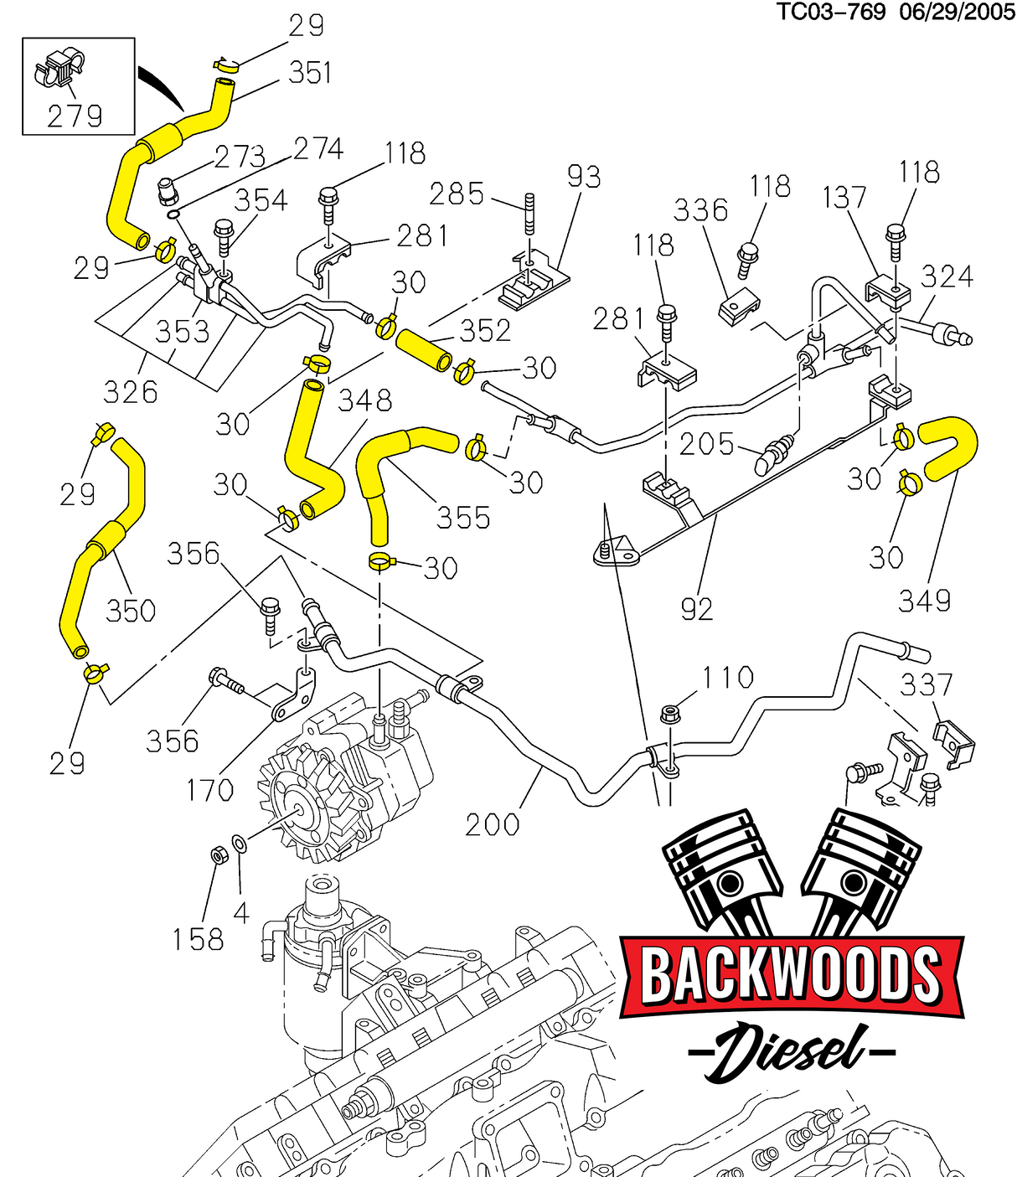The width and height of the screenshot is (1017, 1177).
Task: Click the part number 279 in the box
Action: [75, 116]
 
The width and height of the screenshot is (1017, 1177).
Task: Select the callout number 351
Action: [310, 73]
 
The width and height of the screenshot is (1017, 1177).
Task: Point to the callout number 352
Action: [485, 330]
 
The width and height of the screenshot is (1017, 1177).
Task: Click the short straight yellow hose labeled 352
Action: [424, 351]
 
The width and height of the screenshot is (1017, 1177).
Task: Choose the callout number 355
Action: [462, 517]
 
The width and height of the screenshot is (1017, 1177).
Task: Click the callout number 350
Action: [131, 610]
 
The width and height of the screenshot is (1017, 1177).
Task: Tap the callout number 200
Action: [493, 824]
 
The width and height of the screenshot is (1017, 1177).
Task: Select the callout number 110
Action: [727, 677]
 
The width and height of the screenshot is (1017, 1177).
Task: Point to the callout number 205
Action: [706, 444]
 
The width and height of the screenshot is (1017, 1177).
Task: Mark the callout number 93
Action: [584, 177]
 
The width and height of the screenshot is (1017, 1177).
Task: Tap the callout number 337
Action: [927, 684]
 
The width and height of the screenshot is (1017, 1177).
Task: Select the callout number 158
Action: [199, 939]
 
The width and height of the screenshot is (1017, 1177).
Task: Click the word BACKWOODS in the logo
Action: [791, 974]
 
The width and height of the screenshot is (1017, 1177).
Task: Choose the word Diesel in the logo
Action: [791, 1051]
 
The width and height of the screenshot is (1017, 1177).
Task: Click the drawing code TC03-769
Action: [830, 12]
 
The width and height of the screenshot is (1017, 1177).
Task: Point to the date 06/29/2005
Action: [957, 12]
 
